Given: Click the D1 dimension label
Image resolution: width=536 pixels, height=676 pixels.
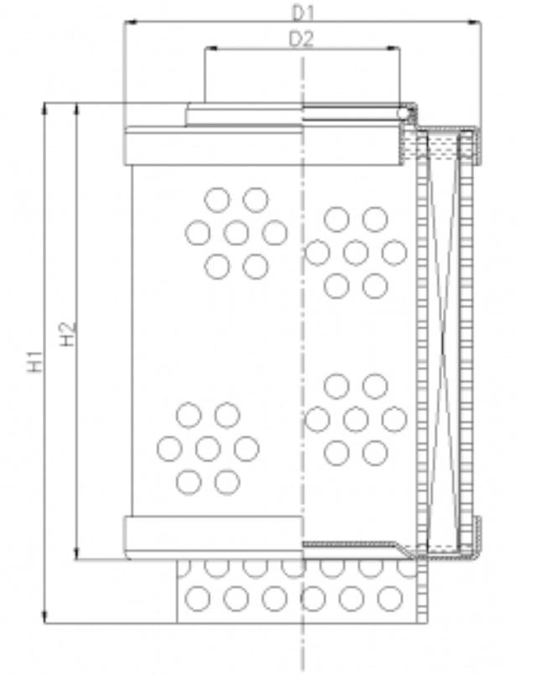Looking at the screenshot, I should click(x=302, y=13).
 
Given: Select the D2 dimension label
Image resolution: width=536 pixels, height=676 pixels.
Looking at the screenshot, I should click(x=302, y=39).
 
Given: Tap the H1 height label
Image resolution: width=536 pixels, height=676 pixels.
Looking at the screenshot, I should click(x=34, y=362).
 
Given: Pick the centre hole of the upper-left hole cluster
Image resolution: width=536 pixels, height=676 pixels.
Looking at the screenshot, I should click(x=237, y=233).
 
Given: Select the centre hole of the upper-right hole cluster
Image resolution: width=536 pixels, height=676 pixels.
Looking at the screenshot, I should click(x=356, y=252).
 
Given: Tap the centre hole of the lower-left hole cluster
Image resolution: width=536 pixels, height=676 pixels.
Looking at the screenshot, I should click(x=208, y=448).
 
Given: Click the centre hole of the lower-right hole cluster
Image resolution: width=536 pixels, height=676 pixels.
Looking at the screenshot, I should click(x=356, y=419).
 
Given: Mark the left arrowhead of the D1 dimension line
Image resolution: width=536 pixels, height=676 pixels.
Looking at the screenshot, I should click(x=128, y=24).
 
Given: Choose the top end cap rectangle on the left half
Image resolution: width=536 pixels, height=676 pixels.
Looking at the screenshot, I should click(x=213, y=146).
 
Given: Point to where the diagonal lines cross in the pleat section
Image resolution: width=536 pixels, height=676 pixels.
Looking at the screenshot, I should click(x=444, y=344).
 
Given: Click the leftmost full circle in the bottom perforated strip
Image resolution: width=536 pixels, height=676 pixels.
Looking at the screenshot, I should click(x=197, y=599).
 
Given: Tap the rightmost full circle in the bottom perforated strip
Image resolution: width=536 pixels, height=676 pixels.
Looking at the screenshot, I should click(x=389, y=599).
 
